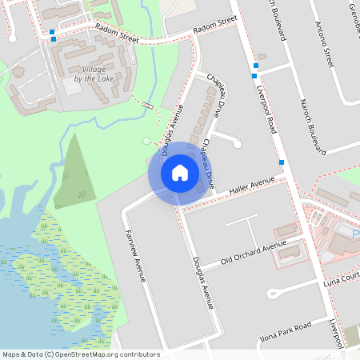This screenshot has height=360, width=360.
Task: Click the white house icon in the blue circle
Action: point(180,173)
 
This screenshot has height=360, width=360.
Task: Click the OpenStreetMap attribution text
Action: point(81,354)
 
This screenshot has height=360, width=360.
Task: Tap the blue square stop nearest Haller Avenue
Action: point(282,162)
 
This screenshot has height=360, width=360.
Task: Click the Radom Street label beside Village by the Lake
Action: point(117,32)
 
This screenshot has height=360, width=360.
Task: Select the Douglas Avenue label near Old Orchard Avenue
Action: point(202,283)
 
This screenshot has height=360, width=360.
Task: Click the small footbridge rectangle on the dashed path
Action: point(148,106)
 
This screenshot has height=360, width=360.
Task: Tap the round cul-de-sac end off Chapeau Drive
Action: point(237,145)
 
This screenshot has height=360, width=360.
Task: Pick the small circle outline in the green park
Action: point(146,140)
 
